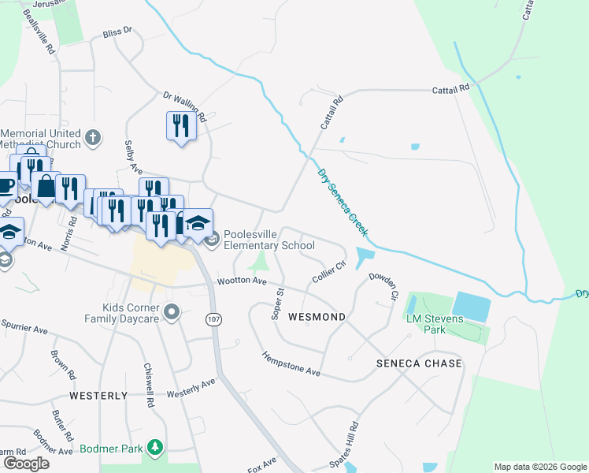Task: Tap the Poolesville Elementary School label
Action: (269, 240)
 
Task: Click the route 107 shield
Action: (213, 318)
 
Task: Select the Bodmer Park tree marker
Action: (156, 449)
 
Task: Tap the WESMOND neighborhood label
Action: (317, 317)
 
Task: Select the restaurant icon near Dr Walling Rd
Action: (181, 125)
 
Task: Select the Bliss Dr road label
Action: (118, 34)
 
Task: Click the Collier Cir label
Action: (329, 272)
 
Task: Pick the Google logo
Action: (26, 463)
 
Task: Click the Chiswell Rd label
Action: (147, 385)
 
